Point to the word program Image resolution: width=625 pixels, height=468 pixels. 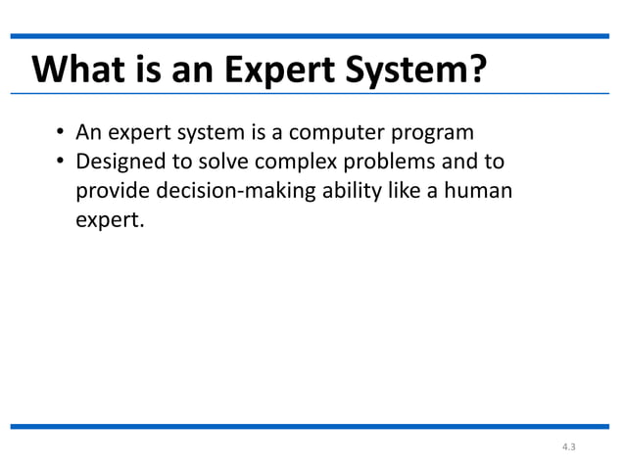click(433, 132)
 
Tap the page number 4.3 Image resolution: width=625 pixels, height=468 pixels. click(569, 448)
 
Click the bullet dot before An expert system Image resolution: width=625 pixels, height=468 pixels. click(60, 133)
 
